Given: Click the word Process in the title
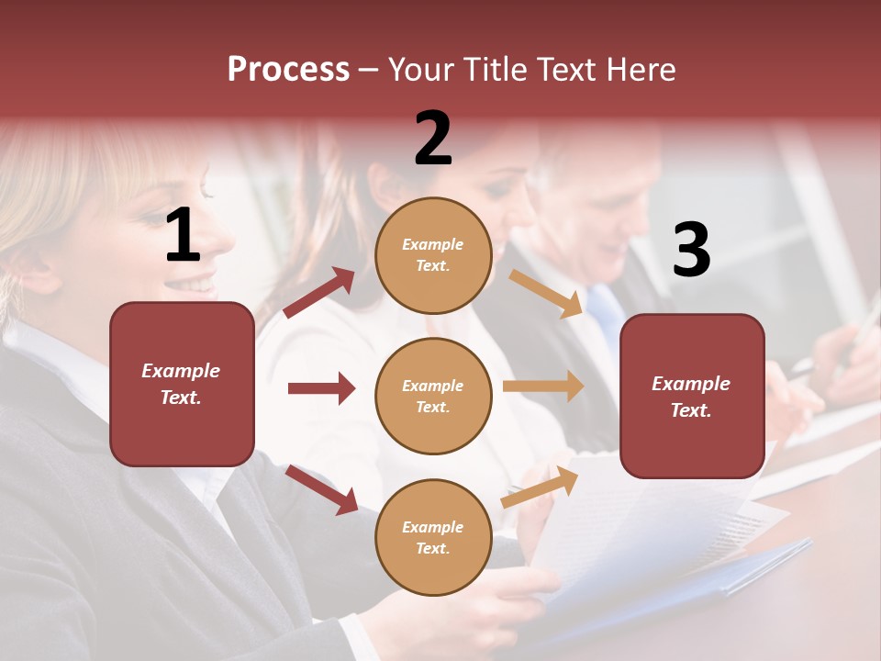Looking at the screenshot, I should pos(288,69).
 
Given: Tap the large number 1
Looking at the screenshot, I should pos(183,236).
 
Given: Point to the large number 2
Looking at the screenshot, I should pos(433,139).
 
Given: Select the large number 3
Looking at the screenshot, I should pos(691,250).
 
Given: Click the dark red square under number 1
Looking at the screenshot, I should pos(182,384).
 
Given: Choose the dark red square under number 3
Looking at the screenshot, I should pos(692,396).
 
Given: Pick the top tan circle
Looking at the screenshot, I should pos(433,254).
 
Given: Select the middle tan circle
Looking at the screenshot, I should pos(433,396).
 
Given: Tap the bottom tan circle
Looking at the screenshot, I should pos(433,537).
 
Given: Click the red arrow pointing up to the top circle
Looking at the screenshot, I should pos(319,292).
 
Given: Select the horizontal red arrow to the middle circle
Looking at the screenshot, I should pos(321,388).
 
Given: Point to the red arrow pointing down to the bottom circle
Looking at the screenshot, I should pos(321,488).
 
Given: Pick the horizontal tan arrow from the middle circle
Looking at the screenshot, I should pos(543,386).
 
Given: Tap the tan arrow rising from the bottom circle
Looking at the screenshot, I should pos(541,486).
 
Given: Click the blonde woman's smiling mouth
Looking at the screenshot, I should pos(196,285).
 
